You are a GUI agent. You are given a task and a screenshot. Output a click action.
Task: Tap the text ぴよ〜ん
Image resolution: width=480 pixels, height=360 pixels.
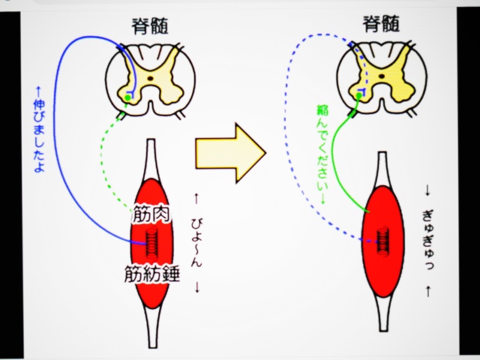pos(196,244)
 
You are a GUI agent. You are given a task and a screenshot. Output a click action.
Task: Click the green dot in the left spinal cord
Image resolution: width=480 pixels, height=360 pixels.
pos(128,97)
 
